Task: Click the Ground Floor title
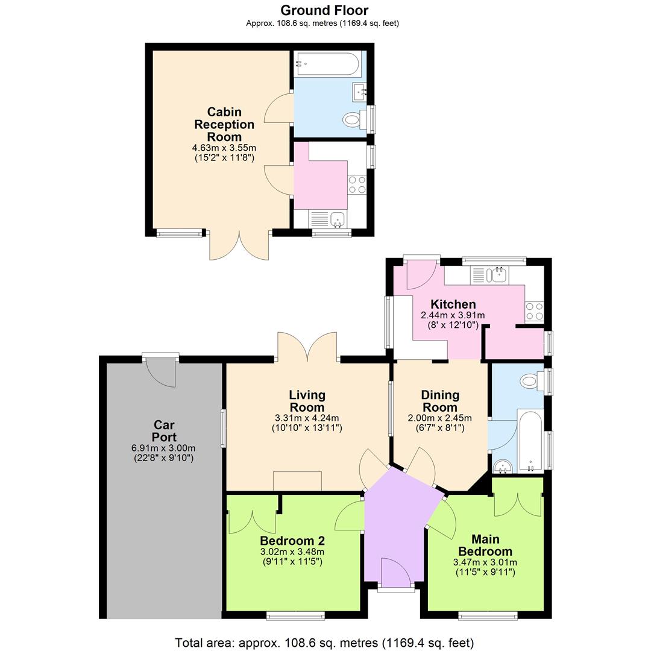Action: [x=324, y=10]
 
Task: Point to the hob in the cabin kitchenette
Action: [x=357, y=184]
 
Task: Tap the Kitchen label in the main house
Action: [x=452, y=304]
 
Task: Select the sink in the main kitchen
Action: [x=498, y=275]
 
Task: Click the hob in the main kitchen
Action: [x=534, y=311]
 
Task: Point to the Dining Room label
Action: [x=439, y=401]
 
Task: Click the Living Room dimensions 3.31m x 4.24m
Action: [x=307, y=418]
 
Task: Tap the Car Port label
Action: [x=164, y=431]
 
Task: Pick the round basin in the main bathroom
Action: [x=502, y=466]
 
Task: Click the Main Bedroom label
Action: [x=485, y=545]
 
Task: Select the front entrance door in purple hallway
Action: [x=395, y=573]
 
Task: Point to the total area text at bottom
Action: [x=324, y=643]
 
